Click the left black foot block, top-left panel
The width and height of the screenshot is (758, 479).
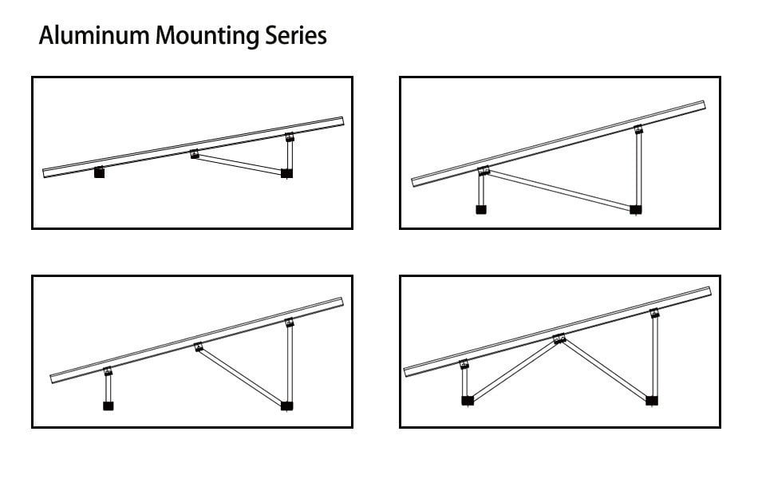(x=99, y=172)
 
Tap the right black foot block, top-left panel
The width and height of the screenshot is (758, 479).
(x=287, y=172)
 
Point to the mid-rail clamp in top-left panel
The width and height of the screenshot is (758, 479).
(x=195, y=154)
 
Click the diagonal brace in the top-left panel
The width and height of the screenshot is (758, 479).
(x=239, y=164)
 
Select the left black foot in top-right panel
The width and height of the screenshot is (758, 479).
(x=481, y=209)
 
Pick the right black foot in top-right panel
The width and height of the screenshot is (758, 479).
(x=636, y=210)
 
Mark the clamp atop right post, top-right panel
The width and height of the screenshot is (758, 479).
(x=638, y=130)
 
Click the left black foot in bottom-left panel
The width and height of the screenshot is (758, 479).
(x=108, y=406)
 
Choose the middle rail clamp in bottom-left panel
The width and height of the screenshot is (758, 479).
(x=198, y=346)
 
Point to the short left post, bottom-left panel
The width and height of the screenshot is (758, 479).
(x=108, y=387)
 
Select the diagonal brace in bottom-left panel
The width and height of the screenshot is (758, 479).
(x=239, y=375)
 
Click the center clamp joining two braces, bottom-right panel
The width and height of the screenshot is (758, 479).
(x=559, y=338)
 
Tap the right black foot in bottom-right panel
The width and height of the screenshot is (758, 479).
(x=652, y=400)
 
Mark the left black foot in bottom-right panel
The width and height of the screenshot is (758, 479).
(x=467, y=400)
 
